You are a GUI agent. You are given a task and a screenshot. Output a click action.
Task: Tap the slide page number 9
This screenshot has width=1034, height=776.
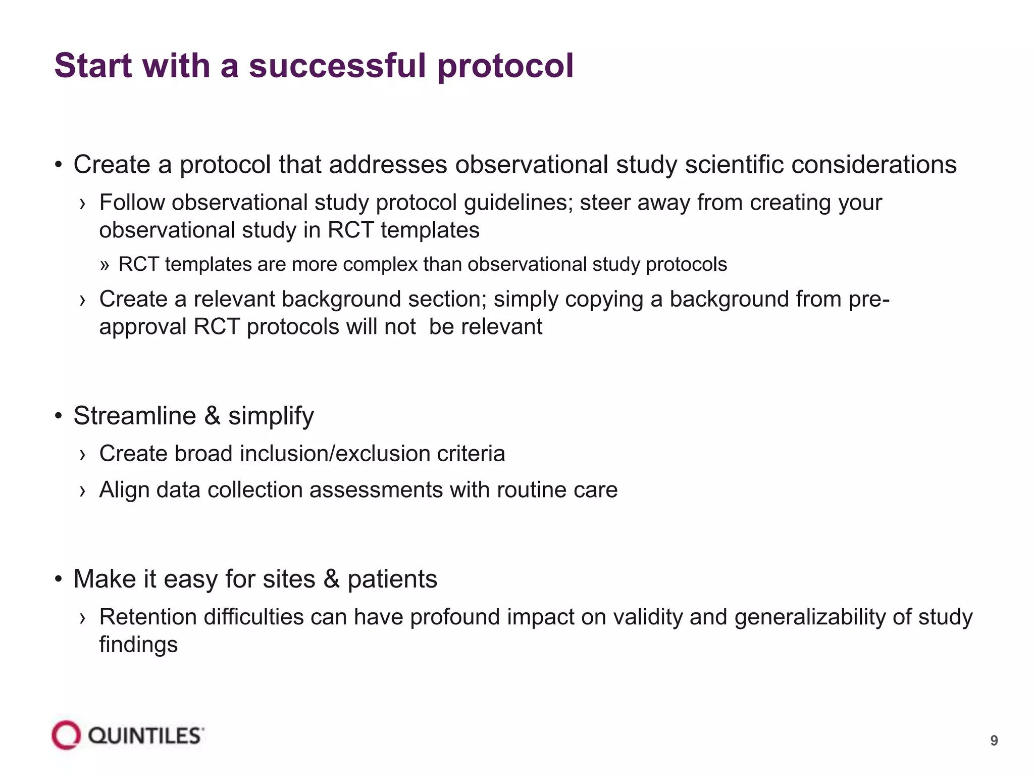[x=994, y=741]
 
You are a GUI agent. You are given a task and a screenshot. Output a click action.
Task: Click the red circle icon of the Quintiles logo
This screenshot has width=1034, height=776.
[x=66, y=735]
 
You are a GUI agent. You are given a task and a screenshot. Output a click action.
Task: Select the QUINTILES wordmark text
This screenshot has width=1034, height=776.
[x=146, y=736]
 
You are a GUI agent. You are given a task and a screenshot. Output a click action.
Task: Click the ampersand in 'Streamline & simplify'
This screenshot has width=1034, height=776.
[x=212, y=416]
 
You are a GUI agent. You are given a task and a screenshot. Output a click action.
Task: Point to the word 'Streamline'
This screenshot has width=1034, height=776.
[x=134, y=416]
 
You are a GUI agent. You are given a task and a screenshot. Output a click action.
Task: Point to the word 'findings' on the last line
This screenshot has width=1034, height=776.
[x=138, y=645]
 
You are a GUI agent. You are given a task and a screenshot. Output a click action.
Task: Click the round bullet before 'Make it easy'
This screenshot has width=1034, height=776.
[x=59, y=579]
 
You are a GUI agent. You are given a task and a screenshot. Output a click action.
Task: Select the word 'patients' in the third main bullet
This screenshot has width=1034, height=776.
[x=392, y=579]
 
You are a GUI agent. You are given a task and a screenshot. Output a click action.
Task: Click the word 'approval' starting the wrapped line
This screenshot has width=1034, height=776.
[x=143, y=327]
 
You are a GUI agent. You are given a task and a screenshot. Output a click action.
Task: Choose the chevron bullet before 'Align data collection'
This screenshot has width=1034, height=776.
[x=82, y=491]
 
